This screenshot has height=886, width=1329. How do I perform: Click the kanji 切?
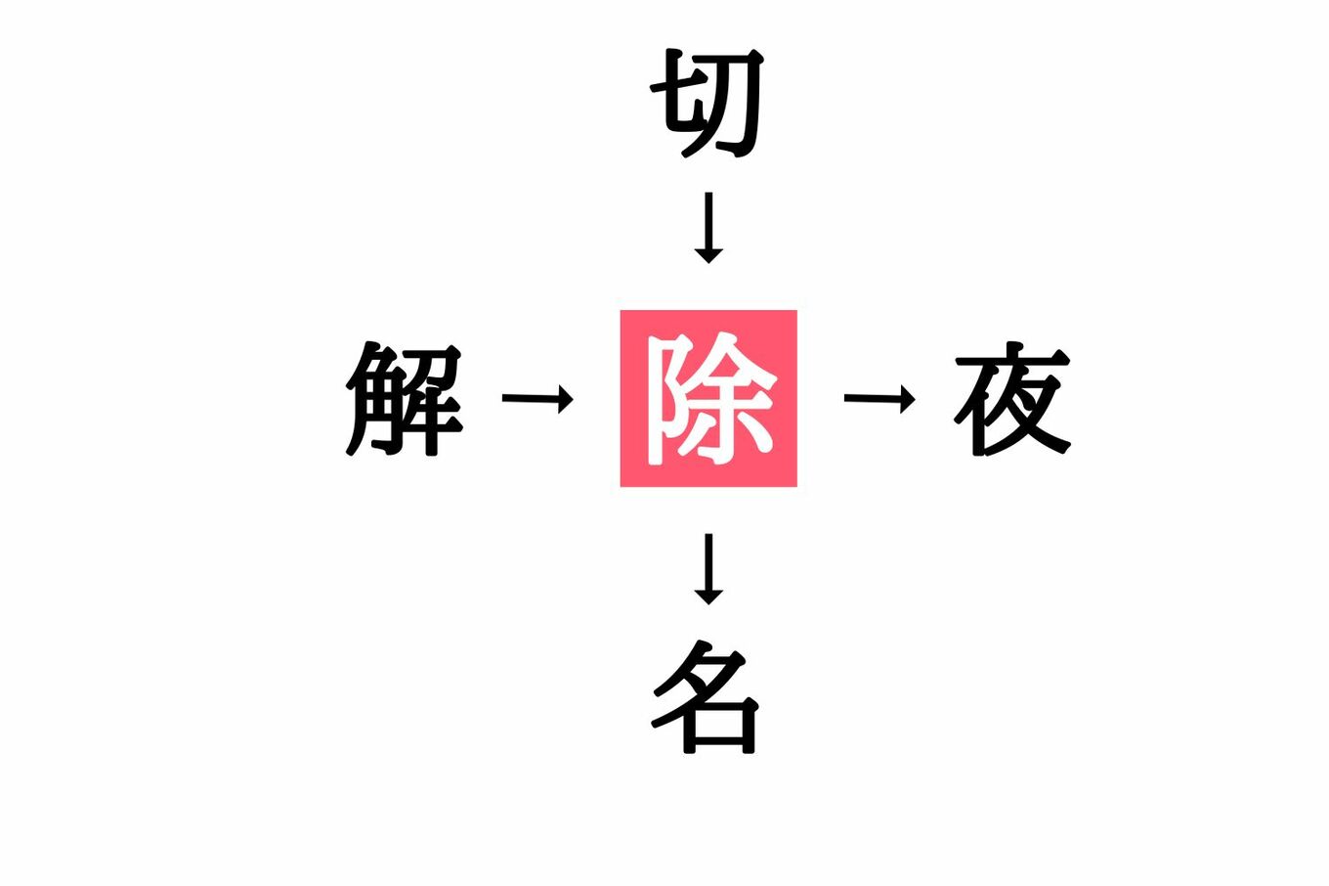(x=707, y=103)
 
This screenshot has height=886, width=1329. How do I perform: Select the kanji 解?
(x=404, y=399)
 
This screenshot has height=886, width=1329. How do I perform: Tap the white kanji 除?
(x=711, y=398)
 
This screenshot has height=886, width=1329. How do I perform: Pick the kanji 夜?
(x=1012, y=398)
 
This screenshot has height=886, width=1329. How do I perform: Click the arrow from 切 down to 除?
(x=708, y=228)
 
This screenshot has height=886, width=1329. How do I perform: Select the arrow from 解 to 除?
(x=537, y=398)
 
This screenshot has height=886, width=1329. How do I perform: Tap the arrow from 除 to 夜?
(x=879, y=398)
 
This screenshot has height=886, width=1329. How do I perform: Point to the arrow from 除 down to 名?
(x=708, y=569)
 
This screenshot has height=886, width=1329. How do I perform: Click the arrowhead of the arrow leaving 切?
(x=708, y=256)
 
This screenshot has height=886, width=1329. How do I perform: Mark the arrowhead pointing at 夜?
(x=908, y=398)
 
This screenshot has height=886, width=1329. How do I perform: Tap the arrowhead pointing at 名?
(x=708, y=598)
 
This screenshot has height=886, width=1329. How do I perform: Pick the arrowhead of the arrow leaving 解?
(x=566, y=398)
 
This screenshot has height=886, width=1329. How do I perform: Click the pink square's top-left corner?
(x=621, y=310)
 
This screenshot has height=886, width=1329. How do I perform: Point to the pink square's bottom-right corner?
(x=796, y=486)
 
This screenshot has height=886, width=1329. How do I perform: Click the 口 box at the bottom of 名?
(x=721, y=725)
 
